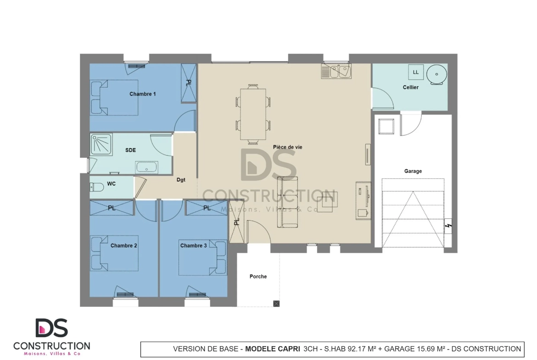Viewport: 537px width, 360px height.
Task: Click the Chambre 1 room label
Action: pos(142,94)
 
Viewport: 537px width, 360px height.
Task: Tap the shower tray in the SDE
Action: pos(101,144)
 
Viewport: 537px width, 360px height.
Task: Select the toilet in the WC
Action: pos(96,187)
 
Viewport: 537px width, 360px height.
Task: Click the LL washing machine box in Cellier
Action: pos(416,72)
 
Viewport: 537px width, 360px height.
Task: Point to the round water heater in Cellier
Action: pos(436,74)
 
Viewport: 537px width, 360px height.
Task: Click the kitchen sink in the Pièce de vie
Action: pos(336,72)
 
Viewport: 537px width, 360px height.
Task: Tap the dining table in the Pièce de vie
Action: pos(253,114)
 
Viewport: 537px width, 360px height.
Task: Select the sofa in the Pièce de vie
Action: pos(287,202)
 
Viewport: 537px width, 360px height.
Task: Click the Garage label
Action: pos(413,171)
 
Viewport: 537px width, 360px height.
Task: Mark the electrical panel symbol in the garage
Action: pos(448,226)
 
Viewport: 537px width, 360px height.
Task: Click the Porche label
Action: pos(258,277)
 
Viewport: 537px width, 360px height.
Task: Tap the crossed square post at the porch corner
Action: pos(276,304)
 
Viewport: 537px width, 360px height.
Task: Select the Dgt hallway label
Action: pos(181,180)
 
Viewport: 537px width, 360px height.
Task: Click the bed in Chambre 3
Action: pos(203,257)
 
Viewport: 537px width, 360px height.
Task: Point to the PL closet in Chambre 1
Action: pos(188,83)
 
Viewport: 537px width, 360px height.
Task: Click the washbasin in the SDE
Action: pos(146,167)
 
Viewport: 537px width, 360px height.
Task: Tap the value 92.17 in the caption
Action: pos(357,349)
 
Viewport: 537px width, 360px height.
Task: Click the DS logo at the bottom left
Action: pos(52,328)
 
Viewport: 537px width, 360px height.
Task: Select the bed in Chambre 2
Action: pos(114,253)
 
